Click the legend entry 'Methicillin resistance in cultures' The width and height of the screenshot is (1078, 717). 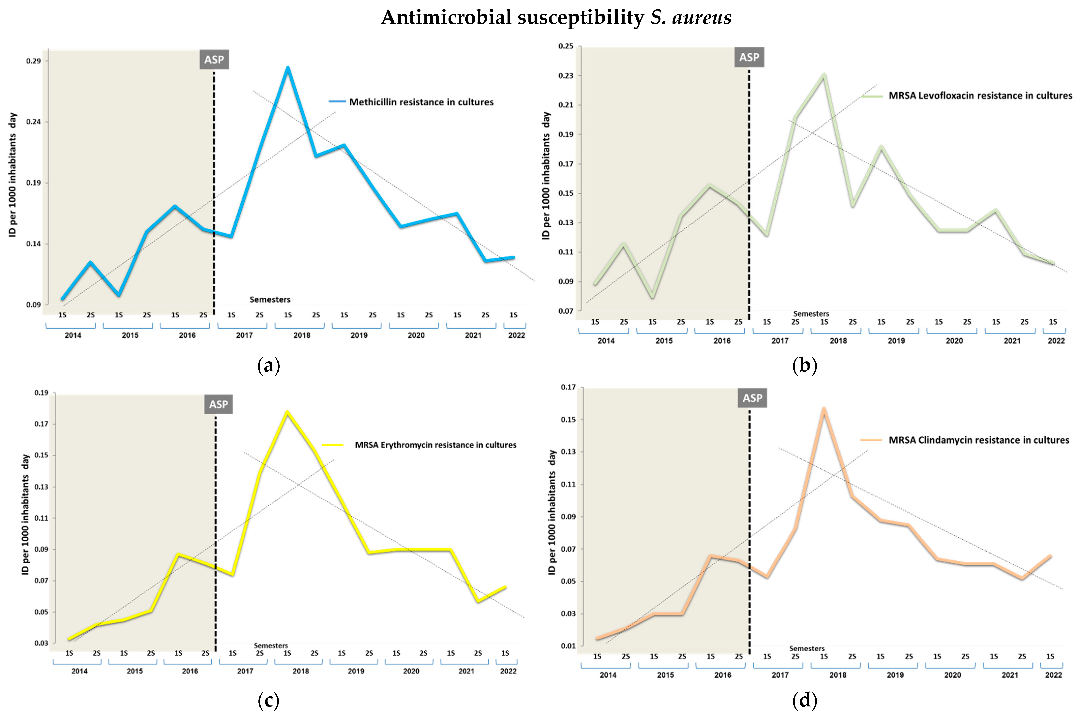pyautogui.click(x=421, y=102)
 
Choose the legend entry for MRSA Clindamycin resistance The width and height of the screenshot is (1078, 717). pyautogui.click(x=978, y=440)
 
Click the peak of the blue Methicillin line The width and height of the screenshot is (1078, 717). pyautogui.click(x=288, y=68)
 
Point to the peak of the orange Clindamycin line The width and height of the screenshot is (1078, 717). pyautogui.click(x=824, y=409)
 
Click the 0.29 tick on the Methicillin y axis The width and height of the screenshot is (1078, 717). pyautogui.click(x=33, y=61)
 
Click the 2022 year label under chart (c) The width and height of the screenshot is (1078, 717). pyautogui.click(x=508, y=671)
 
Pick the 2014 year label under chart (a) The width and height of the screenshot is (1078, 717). pyautogui.click(x=73, y=335)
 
